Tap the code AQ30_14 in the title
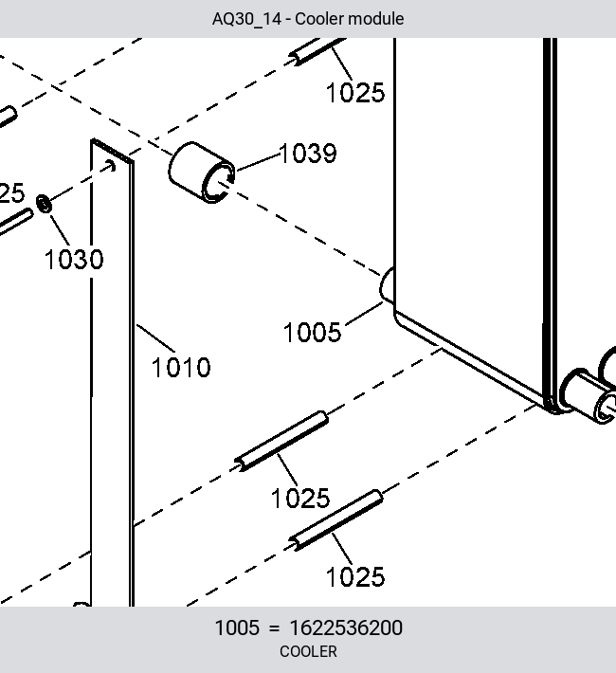pos(246,19)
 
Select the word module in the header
pos(375,19)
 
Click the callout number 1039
pos(308,154)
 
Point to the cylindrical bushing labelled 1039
pos(202,173)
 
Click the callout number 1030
pos(74,259)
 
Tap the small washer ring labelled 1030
pos(44,204)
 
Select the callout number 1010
pos(181,368)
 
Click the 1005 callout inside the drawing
pos(312,332)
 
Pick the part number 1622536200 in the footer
pos(346,628)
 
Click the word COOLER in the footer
pos(308,651)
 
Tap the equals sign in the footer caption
pos(274,628)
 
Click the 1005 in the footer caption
pos(237,628)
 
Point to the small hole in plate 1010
pos(111,165)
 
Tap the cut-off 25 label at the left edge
pos(12,193)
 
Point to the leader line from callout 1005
pos(364,313)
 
